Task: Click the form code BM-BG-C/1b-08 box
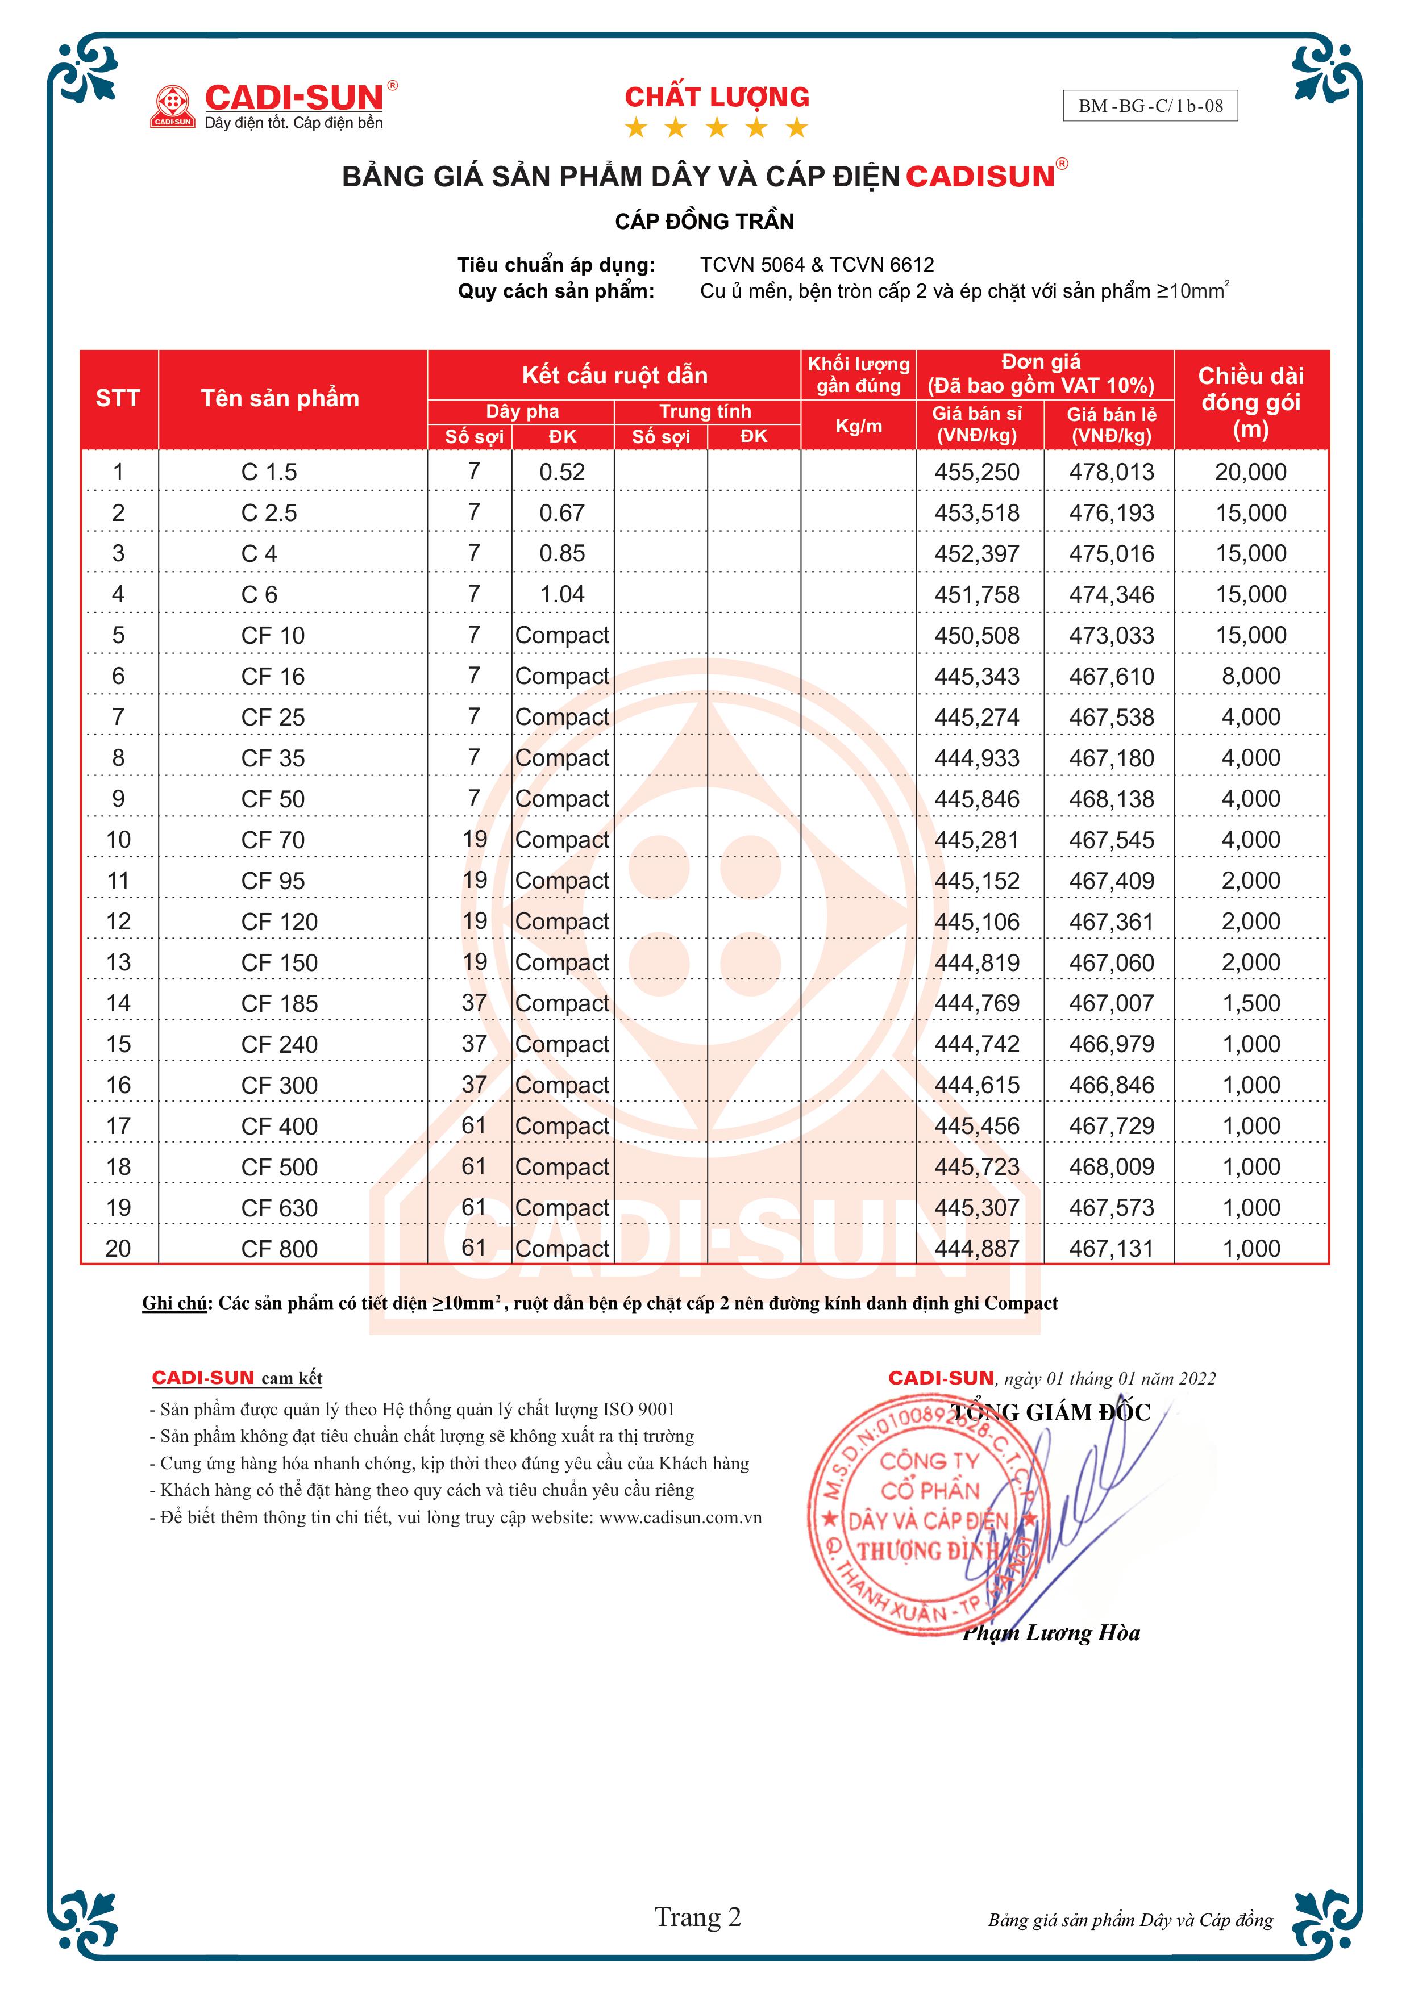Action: coord(1150,106)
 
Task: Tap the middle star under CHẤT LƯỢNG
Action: coord(716,128)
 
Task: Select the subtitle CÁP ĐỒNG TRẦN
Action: coord(704,222)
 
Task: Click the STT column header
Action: coord(118,398)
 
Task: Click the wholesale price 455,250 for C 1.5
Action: coord(977,472)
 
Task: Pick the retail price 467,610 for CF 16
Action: coord(1111,676)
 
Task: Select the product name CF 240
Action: coord(280,1044)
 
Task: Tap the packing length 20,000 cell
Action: coord(1250,472)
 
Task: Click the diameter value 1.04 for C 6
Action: coord(561,595)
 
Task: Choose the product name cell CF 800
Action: coord(280,1248)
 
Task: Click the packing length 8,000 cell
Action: coord(1250,676)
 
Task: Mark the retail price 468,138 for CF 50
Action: coord(1111,799)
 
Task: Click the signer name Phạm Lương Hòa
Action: coord(1051,1633)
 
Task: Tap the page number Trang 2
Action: coord(697,1917)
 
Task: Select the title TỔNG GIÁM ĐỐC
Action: coord(1051,1412)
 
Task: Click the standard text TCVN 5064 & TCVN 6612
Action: coord(817,265)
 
